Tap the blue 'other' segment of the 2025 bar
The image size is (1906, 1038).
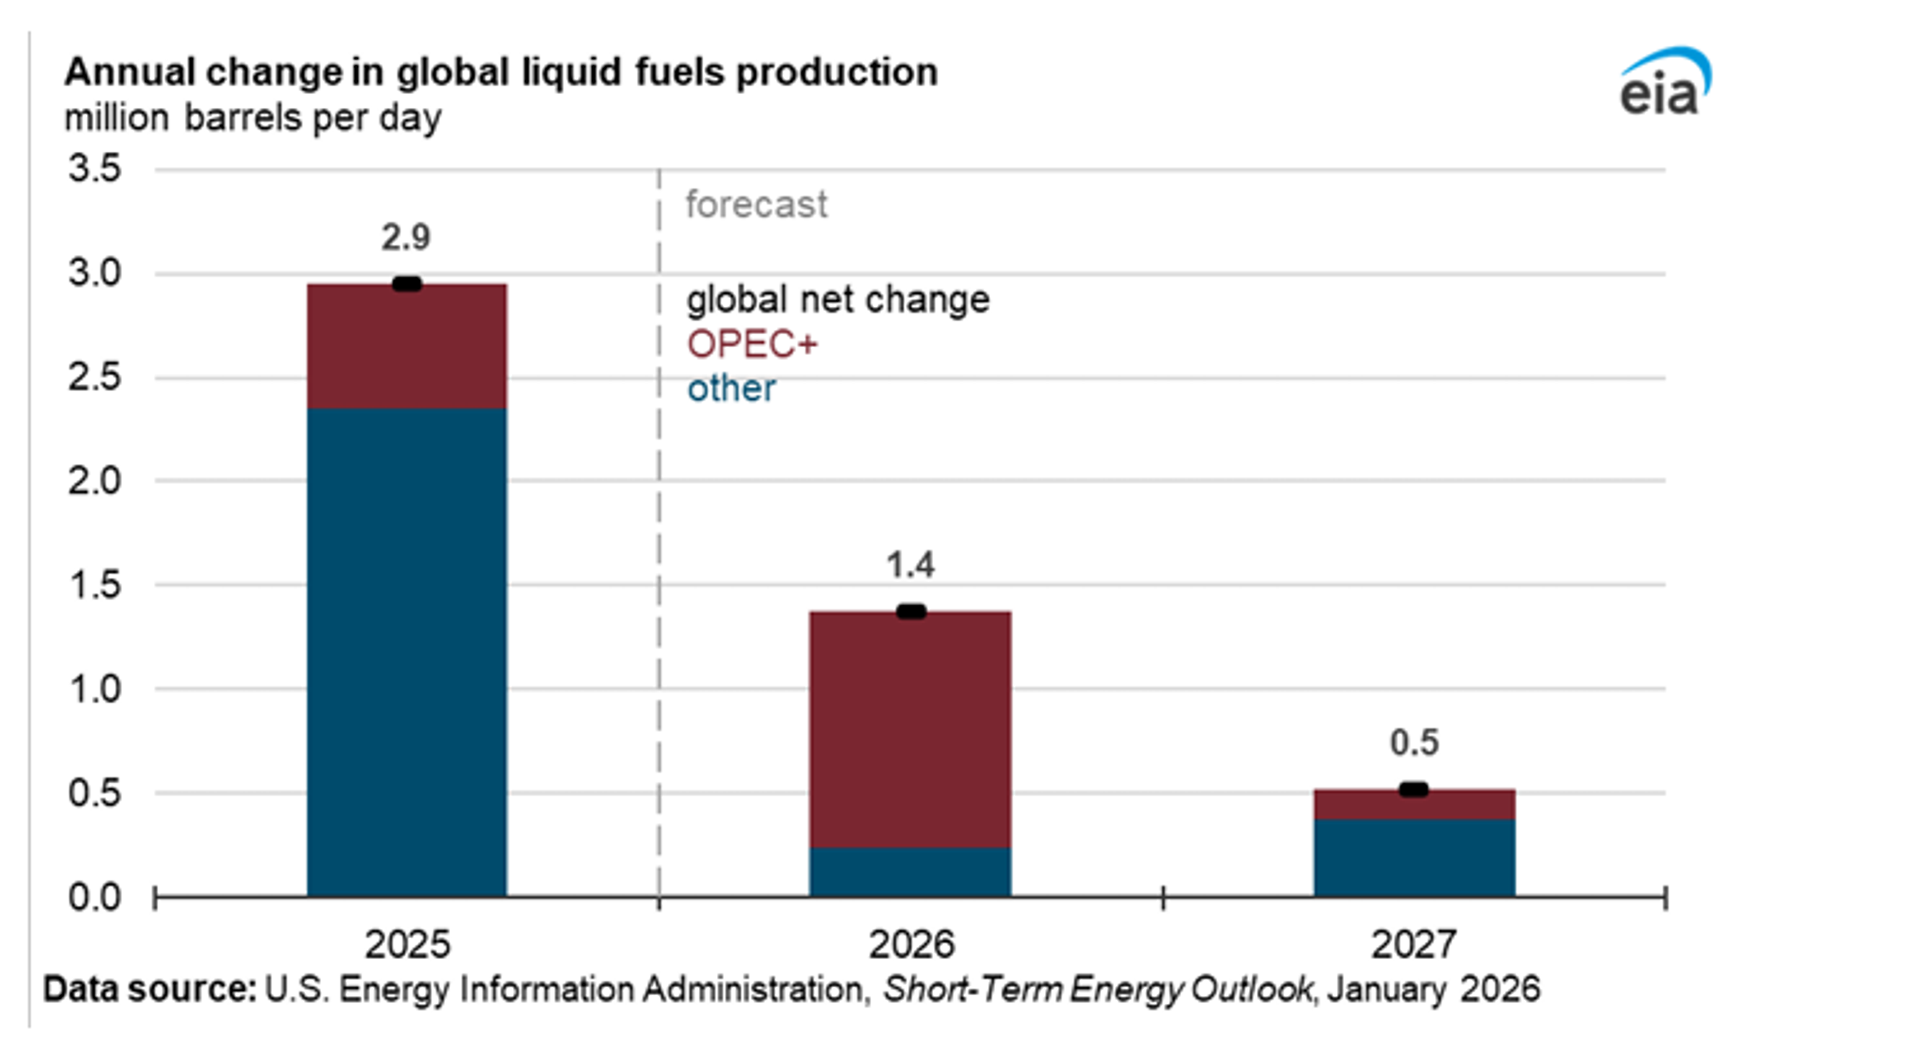click(x=407, y=651)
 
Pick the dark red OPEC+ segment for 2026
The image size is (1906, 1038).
click(x=910, y=729)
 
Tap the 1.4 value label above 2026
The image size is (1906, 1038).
click(x=910, y=565)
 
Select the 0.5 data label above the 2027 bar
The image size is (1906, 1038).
click(x=1414, y=743)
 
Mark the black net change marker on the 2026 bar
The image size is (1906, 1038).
click(x=911, y=612)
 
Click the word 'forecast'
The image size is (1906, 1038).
click(x=756, y=204)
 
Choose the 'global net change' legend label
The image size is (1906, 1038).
click(x=837, y=300)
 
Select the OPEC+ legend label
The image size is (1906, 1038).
click(x=752, y=344)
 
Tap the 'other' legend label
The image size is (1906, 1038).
click(x=731, y=389)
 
